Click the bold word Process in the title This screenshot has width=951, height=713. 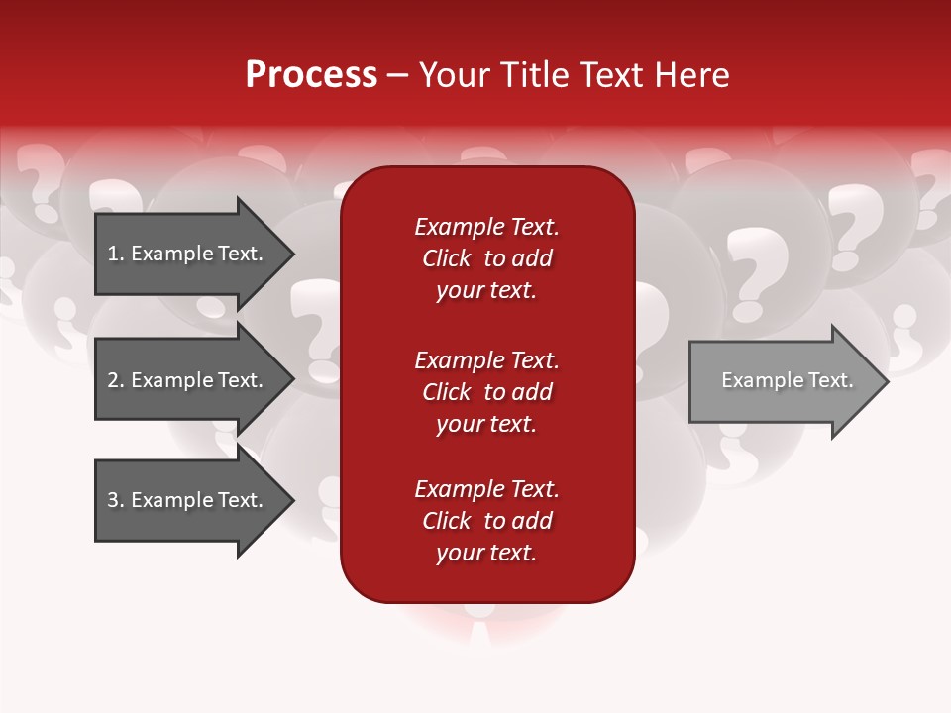coord(311,75)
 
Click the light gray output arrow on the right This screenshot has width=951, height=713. coord(783,381)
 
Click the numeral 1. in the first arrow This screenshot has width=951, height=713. coord(116,254)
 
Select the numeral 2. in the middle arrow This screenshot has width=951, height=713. coord(116,380)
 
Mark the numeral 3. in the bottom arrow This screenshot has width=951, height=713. coord(116,500)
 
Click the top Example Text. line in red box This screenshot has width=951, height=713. coord(486,227)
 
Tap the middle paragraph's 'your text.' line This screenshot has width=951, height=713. coord(486,424)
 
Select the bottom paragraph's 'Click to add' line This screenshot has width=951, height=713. coord(486,521)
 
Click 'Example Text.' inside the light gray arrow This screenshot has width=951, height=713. coord(787,380)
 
